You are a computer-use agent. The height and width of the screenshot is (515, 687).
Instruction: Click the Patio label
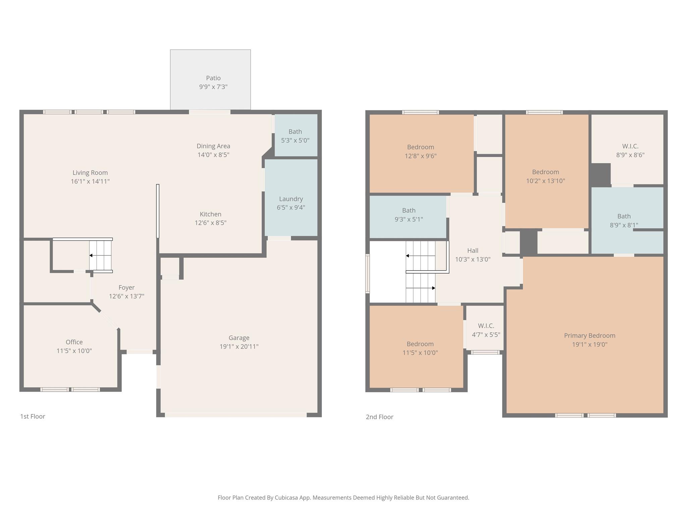213,78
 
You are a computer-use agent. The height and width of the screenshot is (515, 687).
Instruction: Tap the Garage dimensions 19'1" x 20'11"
239,347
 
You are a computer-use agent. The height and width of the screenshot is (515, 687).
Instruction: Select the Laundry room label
291,199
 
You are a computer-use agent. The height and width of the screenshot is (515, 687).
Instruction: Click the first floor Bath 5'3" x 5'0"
295,136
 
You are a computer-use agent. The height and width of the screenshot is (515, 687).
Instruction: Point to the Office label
74,342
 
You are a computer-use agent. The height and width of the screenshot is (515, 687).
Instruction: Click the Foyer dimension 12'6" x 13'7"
126,296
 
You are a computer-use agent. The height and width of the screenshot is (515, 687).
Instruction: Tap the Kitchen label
210,214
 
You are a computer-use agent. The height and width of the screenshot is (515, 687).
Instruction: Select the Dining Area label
213,146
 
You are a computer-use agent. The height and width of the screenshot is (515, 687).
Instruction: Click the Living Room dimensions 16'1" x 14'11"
90,181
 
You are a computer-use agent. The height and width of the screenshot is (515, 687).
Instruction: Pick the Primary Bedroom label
589,336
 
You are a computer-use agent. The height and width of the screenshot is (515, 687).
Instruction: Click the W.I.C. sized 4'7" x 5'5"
486,330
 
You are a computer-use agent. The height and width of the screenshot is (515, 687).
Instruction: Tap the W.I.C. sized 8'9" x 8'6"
630,151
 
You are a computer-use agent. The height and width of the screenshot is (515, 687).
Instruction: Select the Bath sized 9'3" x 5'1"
409,215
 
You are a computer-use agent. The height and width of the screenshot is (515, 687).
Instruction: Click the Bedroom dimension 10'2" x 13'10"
545,181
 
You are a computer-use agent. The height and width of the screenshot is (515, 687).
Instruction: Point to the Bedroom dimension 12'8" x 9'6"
420,156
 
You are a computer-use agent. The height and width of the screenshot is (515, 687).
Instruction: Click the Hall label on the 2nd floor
473,250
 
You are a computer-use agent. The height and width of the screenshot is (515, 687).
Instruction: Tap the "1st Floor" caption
33,416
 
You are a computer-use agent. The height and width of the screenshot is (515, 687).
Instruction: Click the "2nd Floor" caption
379,417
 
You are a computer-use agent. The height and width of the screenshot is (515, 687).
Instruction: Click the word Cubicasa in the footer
287,498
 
